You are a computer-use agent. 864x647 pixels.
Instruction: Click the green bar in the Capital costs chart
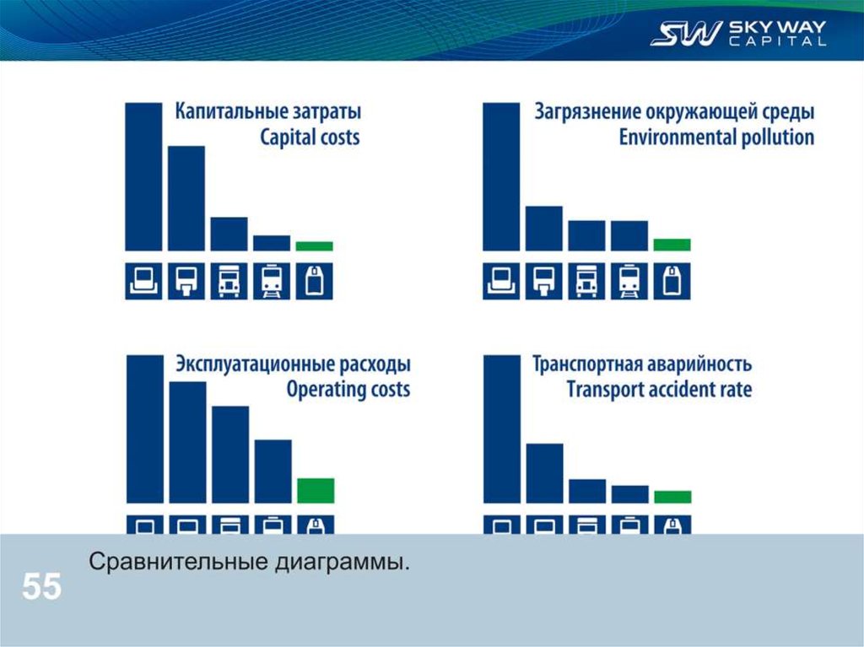314,246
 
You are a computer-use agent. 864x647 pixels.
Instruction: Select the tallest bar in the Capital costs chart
143,176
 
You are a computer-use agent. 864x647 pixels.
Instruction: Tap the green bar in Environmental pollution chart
672,245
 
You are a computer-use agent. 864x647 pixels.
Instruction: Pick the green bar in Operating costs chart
316,490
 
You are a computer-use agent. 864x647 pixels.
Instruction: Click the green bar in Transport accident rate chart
672,497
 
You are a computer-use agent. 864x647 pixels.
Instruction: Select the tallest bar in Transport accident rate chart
501,429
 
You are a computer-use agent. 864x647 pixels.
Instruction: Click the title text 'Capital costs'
310,137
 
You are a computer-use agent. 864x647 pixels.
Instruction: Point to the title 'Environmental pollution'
716,137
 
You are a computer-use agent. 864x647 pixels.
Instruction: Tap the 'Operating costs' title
348,390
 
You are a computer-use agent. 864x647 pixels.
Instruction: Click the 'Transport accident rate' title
658,390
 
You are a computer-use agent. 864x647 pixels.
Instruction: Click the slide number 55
41,586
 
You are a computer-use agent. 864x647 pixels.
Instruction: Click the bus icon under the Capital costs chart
229,281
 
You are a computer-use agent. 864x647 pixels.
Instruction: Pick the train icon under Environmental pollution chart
629,281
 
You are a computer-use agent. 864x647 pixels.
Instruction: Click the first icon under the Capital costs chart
143,281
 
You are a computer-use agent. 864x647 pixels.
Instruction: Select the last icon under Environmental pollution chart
672,281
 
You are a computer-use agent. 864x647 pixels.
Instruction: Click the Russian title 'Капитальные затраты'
268,112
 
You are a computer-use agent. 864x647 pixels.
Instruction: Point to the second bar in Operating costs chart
187,442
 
